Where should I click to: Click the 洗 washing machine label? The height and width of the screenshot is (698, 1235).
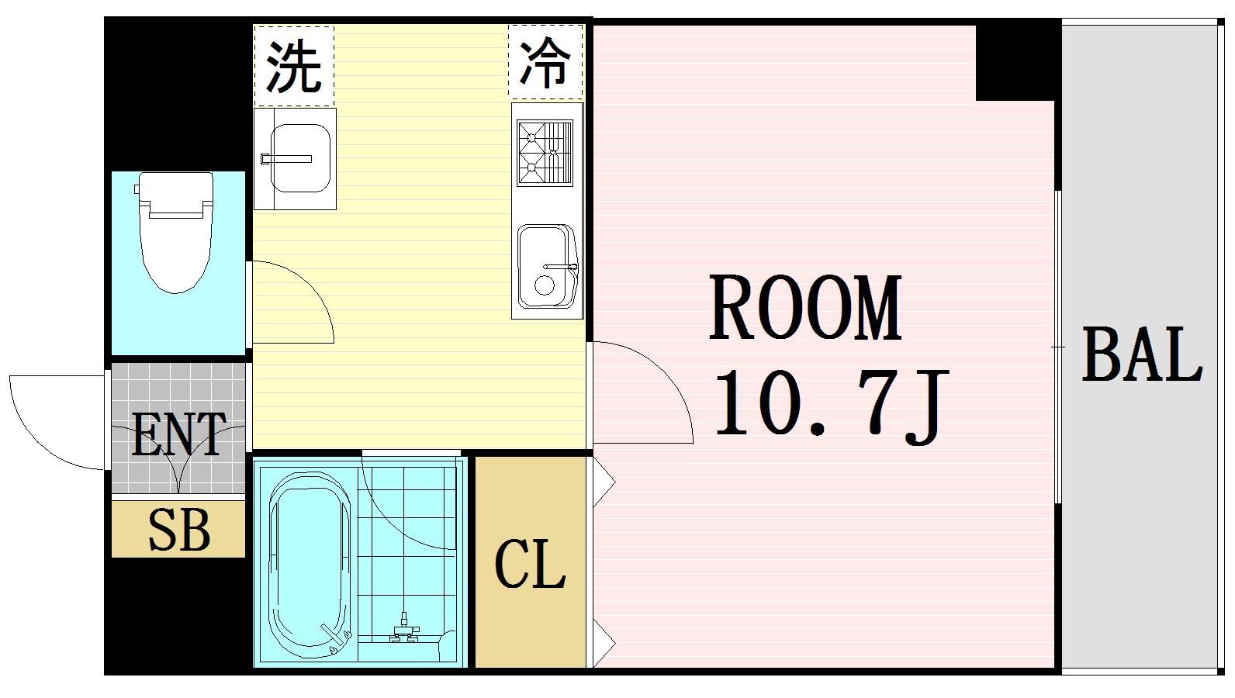coord(294,66)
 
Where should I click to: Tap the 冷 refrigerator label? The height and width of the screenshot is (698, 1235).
coord(545,62)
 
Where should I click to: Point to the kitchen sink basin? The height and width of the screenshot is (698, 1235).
coord(547,266)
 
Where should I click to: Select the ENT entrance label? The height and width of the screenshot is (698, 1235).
coord(178,434)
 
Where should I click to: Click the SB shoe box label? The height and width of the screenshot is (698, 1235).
coord(178,530)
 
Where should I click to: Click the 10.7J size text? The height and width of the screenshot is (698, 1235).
coord(830,403)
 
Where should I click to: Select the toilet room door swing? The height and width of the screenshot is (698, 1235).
coord(299,306)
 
